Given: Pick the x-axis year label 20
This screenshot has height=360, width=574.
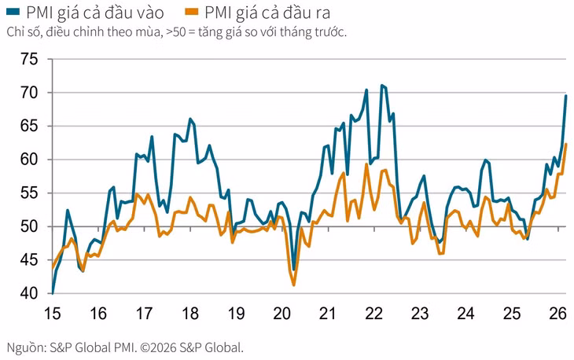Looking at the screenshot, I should click(x=282, y=313).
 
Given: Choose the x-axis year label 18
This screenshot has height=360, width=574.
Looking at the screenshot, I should click(x=189, y=313).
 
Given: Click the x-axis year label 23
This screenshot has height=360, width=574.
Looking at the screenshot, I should click(x=421, y=313).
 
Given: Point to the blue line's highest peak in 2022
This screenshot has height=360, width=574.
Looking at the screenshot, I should click(x=382, y=85).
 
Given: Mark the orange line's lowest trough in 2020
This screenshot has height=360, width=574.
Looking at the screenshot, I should click(x=294, y=285).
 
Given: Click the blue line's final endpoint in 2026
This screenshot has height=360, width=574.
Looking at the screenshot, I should click(x=566, y=95).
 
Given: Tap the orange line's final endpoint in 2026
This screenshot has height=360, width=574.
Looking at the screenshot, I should click(x=566, y=144).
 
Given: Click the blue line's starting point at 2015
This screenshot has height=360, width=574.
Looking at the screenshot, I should click(x=52, y=292).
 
